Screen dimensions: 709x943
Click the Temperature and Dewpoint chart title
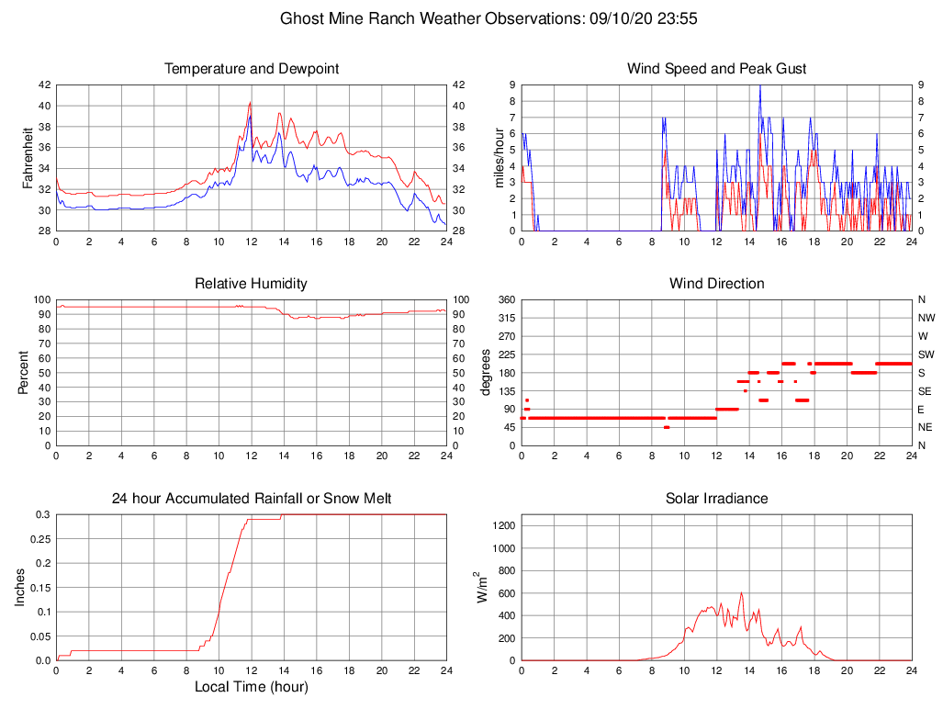pos(251,69)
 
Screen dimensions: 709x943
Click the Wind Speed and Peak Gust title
pos(716,69)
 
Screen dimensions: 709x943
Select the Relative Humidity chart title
pos(251,284)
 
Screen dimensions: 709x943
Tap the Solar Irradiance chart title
pos(716,499)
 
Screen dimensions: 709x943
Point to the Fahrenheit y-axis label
pos(28,158)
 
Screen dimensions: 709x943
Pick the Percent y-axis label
pos(24,373)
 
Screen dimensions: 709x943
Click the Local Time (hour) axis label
pos(251,687)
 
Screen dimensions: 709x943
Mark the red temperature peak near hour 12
pos(250,103)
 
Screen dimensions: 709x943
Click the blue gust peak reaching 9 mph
pos(759,86)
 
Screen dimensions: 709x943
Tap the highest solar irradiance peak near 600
pos(741,593)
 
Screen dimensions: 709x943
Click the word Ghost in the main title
pos(301,17)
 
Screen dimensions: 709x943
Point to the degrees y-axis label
pos(485,373)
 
